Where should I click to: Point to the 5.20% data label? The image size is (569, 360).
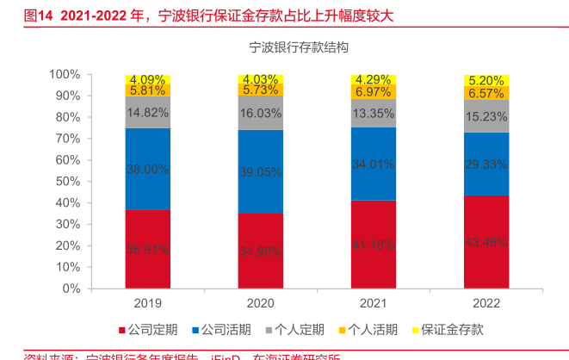(x=486, y=80)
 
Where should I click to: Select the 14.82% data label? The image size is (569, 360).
(x=147, y=112)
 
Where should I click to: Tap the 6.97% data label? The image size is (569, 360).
(x=374, y=91)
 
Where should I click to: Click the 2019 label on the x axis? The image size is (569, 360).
(x=147, y=303)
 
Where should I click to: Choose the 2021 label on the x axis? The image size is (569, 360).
(x=374, y=303)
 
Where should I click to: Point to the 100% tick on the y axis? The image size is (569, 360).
(x=65, y=75)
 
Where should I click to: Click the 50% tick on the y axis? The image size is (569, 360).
(x=68, y=182)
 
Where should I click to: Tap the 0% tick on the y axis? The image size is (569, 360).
(x=71, y=289)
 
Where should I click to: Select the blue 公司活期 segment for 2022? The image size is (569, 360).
(x=486, y=164)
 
